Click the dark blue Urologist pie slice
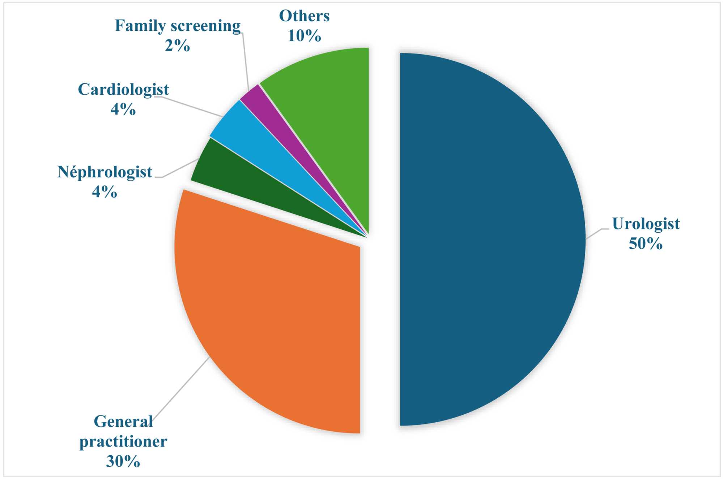tap(492, 238)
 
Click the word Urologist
tap(646, 224)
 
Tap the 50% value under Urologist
tap(646, 244)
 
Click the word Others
tap(304, 16)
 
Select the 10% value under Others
tap(304, 36)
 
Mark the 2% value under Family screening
tap(177, 46)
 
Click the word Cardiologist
tap(123, 90)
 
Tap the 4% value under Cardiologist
tap(123, 109)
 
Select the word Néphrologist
tap(105, 172)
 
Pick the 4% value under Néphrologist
tap(105, 192)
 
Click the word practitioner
tap(123, 441)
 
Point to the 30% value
tap(123, 461)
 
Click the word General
tap(123, 422)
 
